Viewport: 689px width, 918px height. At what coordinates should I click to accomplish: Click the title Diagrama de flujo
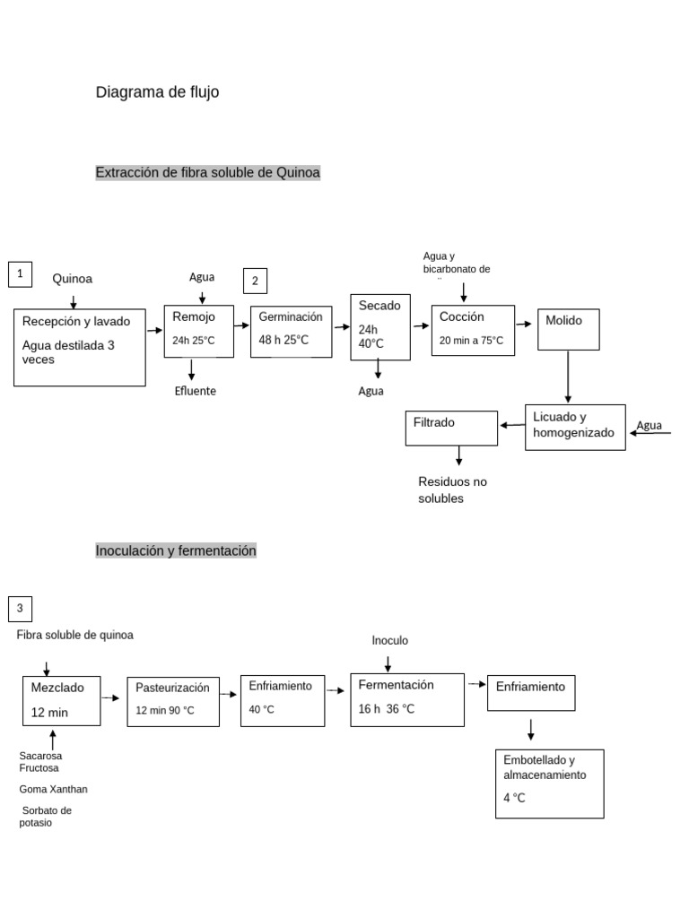(157, 92)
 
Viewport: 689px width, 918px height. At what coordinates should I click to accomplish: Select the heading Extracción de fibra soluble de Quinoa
(207, 172)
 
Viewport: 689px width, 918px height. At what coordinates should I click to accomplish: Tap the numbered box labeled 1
(21, 274)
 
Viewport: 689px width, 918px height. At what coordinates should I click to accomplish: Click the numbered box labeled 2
(256, 281)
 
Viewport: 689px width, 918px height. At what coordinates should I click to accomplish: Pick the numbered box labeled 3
(21, 610)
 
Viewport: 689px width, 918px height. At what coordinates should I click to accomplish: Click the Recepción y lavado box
(79, 347)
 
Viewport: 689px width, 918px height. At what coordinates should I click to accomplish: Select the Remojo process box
(198, 331)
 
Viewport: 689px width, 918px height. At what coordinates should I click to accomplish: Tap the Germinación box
(291, 331)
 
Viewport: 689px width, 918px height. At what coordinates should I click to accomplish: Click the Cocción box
(473, 330)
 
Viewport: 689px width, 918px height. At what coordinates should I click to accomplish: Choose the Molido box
(568, 329)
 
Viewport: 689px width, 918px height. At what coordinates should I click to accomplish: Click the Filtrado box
(451, 428)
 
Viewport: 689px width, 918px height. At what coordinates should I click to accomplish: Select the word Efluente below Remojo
(196, 391)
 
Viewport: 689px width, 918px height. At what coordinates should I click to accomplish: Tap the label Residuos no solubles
(452, 489)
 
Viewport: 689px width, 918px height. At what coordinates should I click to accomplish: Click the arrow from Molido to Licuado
(568, 377)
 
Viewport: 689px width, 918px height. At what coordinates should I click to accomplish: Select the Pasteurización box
(173, 701)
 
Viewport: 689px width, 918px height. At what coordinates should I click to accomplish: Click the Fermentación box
(406, 698)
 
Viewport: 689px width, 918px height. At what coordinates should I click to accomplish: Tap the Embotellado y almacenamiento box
(549, 783)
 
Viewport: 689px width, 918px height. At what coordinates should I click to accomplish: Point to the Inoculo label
(389, 640)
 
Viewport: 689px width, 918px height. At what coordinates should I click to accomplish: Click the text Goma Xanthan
(54, 789)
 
